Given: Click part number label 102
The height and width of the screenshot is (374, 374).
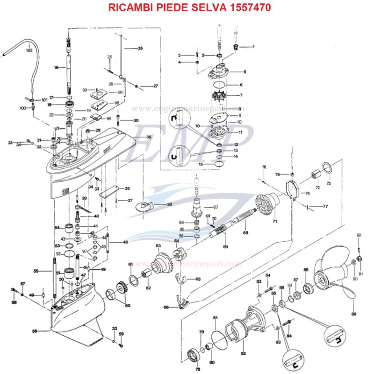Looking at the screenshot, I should (x=29, y=50).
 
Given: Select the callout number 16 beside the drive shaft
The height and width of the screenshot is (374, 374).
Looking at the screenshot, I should (x=57, y=67).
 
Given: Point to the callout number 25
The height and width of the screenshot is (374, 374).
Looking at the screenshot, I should (x=140, y=48).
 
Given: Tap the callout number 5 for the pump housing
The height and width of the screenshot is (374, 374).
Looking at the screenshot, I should (x=244, y=72).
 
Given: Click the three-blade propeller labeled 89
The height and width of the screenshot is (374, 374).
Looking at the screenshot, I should (x=332, y=280).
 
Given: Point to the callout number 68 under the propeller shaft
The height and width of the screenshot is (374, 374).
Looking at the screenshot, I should (x=246, y=232).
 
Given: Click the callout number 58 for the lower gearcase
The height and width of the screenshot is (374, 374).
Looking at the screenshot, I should (x=34, y=331).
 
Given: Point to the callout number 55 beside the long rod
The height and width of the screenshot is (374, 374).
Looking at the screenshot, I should (x=36, y=271).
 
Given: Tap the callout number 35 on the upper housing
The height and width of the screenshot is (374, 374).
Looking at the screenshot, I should (x=149, y=137).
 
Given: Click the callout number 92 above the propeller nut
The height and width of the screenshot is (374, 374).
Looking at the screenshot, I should (x=359, y=235).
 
